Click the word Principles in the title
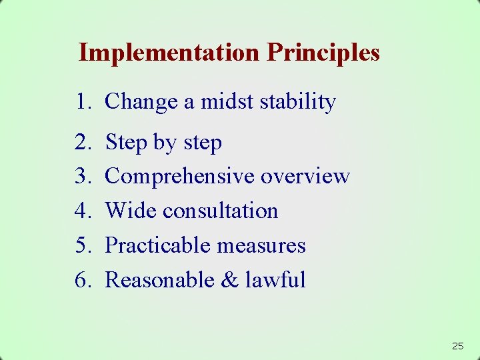tap(323, 52)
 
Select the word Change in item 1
tap(141, 102)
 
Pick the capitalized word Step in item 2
tap(126, 143)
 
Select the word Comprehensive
tap(180, 177)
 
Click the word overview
tap(305, 177)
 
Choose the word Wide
tap(131, 211)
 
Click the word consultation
tap(220, 211)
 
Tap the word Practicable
tap(157, 245)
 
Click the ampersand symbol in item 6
tap(229, 280)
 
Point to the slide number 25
tap(457, 346)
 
